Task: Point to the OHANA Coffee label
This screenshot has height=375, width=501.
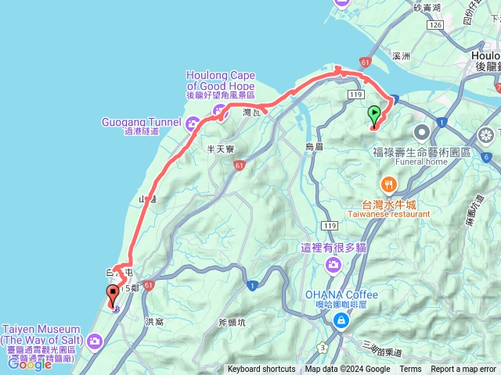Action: pos(341,295)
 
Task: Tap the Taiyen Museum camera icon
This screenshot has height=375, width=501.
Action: pos(96,341)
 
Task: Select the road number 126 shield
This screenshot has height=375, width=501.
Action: pos(435,25)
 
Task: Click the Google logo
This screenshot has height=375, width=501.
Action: pos(30,363)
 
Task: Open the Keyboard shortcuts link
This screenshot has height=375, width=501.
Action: pos(261,370)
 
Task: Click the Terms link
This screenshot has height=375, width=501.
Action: pos(410,370)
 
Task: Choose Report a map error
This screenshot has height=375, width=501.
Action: pos(463,370)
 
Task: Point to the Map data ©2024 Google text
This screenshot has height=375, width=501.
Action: pos(348,370)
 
